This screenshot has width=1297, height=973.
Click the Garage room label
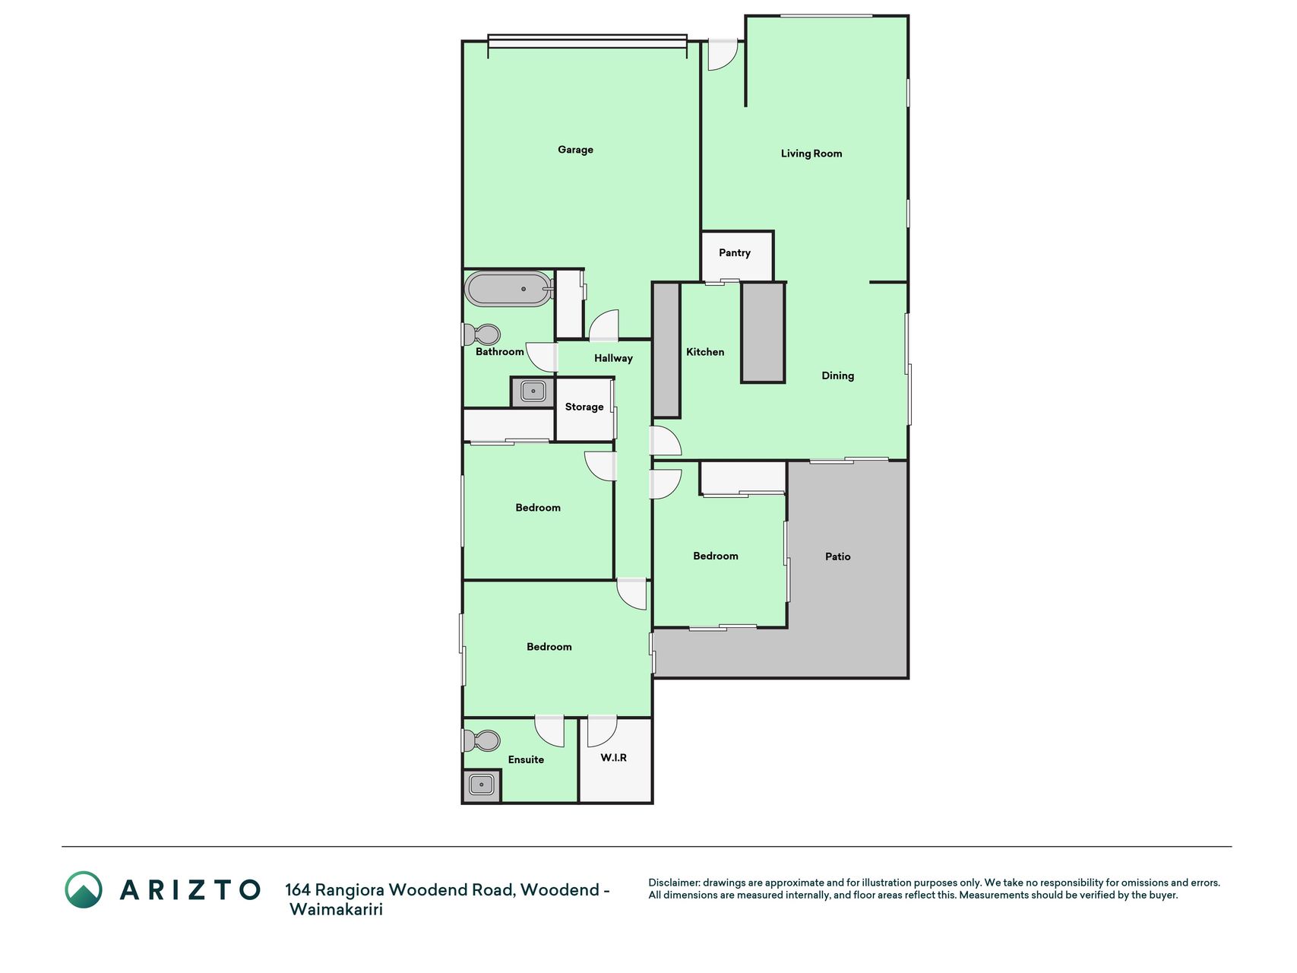click(575, 150)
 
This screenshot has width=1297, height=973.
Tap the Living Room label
click(811, 154)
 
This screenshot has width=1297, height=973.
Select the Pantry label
click(735, 253)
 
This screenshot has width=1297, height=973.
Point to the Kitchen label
click(705, 352)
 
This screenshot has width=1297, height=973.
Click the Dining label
click(838, 376)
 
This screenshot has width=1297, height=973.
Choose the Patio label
click(838, 556)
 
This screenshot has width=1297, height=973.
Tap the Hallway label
click(613, 359)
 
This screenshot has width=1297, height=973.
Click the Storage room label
click(584, 407)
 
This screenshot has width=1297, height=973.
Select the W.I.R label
click(614, 758)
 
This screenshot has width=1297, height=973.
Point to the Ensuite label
click(526, 759)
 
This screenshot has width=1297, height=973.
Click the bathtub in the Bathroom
click(509, 289)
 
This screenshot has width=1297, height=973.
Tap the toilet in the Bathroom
click(482, 334)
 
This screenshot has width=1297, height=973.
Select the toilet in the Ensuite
click(482, 740)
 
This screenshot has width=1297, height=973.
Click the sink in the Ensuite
click(482, 784)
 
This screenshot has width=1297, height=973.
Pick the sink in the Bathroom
click(533, 392)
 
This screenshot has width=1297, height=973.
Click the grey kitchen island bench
click(763, 332)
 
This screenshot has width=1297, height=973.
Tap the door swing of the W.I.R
click(602, 731)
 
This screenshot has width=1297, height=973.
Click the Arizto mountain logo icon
click(84, 889)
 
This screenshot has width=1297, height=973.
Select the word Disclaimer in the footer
click(673, 883)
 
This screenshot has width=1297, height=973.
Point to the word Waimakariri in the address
click(336, 910)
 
